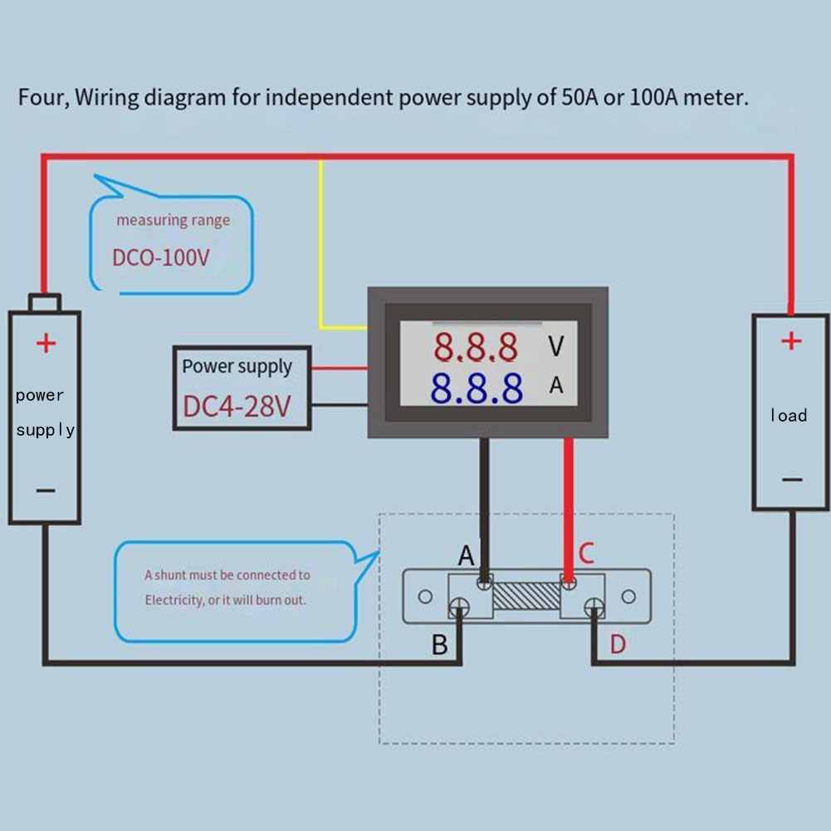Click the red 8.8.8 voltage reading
477,348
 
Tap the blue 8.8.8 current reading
477,388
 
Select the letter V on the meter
556,346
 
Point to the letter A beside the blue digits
556,386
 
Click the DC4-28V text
237,407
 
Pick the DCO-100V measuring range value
161,257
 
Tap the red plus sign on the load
792,340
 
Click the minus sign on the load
792,479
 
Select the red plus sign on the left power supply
46,342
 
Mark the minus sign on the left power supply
46,490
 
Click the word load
788,415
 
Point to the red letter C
586,553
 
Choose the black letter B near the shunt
440,644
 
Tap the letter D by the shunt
618,644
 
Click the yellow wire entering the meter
321,249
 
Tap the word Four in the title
42,98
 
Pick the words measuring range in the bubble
173,220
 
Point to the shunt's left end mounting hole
424,597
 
